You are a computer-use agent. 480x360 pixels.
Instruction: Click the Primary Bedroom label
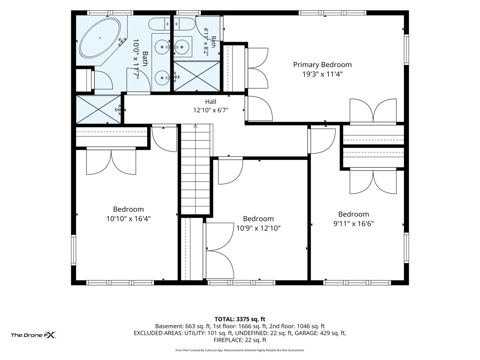click(322, 65)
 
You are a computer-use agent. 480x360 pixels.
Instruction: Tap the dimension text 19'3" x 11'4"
click(322, 74)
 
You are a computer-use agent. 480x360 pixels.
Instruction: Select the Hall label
click(210, 102)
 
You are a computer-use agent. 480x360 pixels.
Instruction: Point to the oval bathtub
click(100, 38)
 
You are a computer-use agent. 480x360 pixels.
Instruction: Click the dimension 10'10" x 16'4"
click(128, 218)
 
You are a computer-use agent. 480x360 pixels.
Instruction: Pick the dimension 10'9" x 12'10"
click(258, 228)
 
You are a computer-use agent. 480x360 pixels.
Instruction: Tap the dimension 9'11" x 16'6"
click(354, 224)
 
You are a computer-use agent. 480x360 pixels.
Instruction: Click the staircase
click(195, 169)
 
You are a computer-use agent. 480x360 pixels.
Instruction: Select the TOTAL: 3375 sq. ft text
click(240, 319)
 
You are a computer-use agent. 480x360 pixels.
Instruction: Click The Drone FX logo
click(34, 335)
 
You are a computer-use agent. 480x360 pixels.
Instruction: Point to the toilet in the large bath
click(159, 24)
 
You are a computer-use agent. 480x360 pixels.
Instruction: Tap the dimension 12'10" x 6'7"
click(210, 110)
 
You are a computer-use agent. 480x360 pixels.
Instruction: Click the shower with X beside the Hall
click(98, 109)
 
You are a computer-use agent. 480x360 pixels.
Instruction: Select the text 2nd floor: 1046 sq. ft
click(297, 326)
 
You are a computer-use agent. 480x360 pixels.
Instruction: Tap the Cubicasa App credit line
click(240, 350)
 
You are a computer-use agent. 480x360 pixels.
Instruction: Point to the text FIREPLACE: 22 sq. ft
click(240, 340)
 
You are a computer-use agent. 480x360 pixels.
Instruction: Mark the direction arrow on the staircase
click(195, 126)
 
